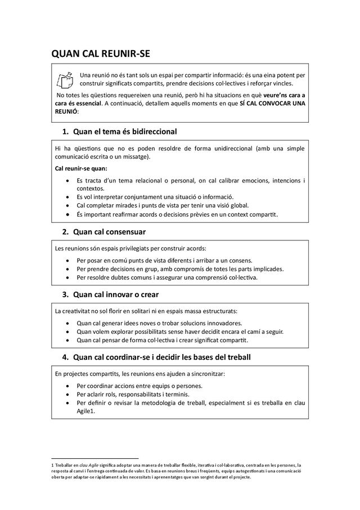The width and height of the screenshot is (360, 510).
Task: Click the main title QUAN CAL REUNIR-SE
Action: (101, 54)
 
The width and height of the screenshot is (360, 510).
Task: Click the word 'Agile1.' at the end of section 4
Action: (86, 411)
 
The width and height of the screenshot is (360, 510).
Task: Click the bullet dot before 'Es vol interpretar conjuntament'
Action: (67, 197)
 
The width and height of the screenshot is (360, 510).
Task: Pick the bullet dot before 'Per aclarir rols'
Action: (67, 395)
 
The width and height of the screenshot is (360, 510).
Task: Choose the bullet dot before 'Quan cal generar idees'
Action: (67, 324)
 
